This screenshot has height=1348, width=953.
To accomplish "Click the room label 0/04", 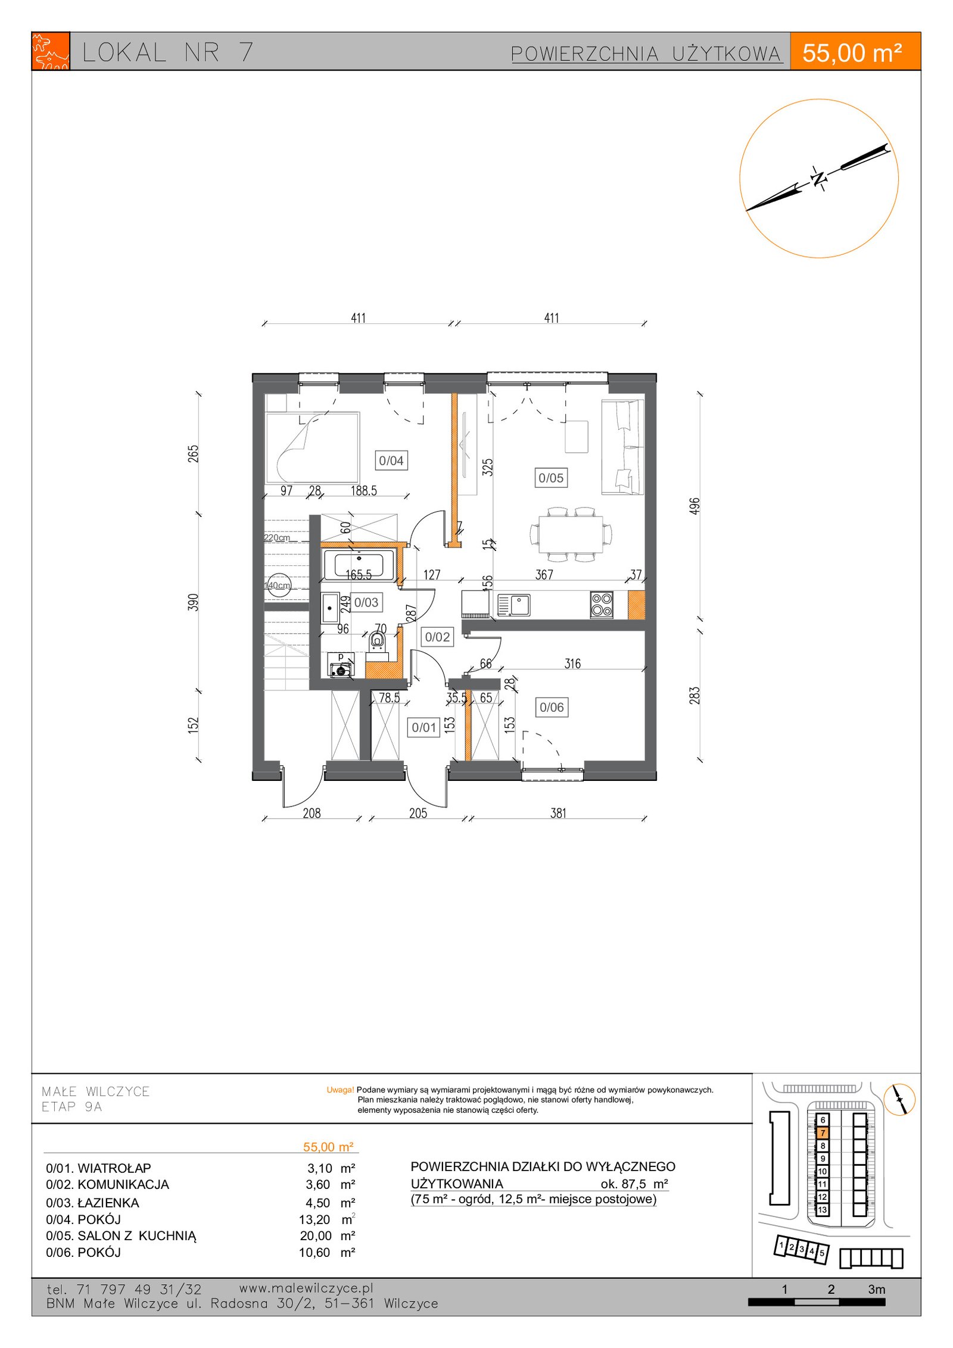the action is point(391,460).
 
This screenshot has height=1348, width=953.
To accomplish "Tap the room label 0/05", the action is point(551,478).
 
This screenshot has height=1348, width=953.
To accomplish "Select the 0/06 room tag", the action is point(552,707).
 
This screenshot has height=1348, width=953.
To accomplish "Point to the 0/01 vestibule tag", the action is point(424,727).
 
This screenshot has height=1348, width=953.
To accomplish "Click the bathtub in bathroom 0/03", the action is point(359,565).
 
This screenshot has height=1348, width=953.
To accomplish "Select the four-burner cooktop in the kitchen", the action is point(602,605).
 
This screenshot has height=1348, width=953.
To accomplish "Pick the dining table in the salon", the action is point(571,534).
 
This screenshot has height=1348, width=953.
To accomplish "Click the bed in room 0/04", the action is point(313,447).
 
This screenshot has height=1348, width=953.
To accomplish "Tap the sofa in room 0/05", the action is point(623,447).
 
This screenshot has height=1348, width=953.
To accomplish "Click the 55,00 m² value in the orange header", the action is point(852,53).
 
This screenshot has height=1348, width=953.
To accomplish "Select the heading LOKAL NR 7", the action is point(168,52).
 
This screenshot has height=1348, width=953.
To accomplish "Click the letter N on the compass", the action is point(820,178).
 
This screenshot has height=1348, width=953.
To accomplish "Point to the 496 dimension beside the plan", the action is point(694,506).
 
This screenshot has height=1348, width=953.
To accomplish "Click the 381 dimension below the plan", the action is point(558,813).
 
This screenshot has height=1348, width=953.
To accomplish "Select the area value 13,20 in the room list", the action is point(314,1219).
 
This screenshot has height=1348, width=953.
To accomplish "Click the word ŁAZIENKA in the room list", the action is point(108,1203).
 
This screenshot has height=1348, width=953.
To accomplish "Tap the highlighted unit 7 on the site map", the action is point(823,1133).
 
